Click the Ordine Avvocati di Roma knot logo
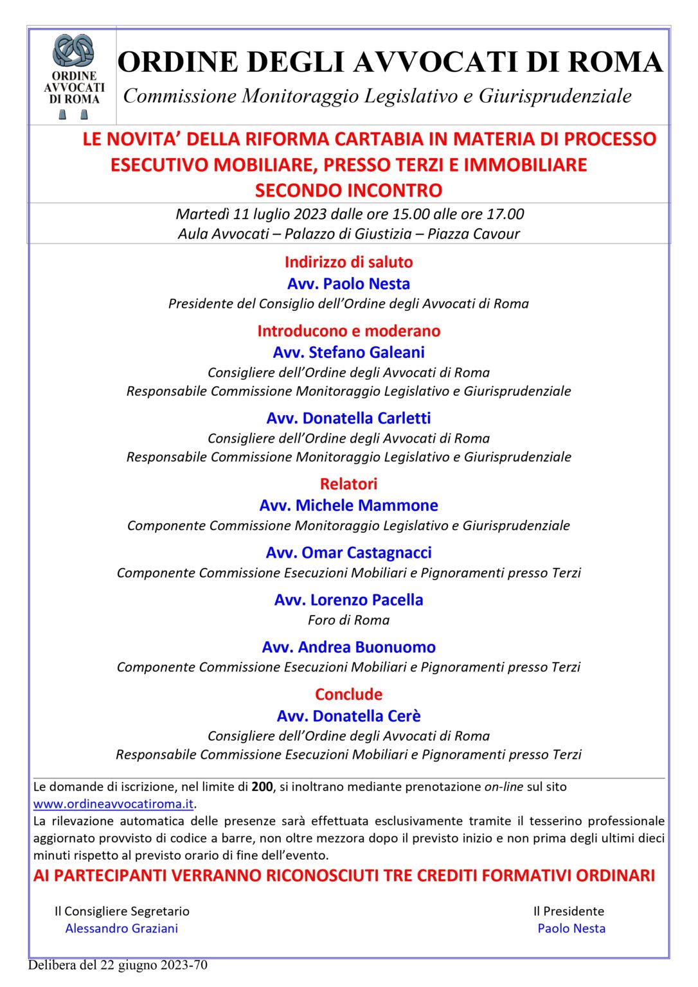click(x=73, y=51)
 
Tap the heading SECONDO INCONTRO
click(x=348, y=191)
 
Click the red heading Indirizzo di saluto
click(x=348, y=262)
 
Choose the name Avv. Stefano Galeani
click(x=348, y=352)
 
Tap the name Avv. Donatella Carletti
click(x=348, y=418)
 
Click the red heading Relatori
click(x=348, y=484)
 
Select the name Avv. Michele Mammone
click(x=348, y=506)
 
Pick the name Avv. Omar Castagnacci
click(x=348, y=553)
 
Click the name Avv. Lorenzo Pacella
click(x=348, y=600)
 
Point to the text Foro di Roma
click(x=348, y=620)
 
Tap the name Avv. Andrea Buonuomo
click(x=348, y=647)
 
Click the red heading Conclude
click(x=348, y=695)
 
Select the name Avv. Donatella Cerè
click(x=348, y=716)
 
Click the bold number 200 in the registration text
click(x=262, y=787)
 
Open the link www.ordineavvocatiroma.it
click(x=113, y=804)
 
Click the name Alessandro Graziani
click(x=121, y=929)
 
